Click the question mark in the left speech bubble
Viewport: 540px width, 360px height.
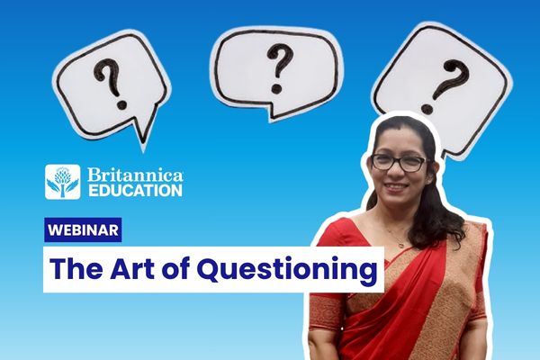(x=111, y=84)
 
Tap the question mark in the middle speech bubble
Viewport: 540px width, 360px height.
(x=279, y=68)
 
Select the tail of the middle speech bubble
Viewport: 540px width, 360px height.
(x=272, y=112)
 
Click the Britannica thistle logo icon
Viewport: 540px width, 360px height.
(x=63, y=182)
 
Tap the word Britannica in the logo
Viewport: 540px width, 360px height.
(x=135, y=175)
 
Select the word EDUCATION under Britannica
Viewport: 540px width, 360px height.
(x=135, y=191)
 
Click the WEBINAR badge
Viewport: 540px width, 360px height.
(x=83, y=229)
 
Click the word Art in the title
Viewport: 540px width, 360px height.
(x=132, y=269)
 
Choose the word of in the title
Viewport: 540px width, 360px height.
(x=175, y=269)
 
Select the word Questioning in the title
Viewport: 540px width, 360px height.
(x=287, y=271)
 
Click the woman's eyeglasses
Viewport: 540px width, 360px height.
(x=399, y=163)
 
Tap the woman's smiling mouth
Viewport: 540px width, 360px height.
(x=396, y=186)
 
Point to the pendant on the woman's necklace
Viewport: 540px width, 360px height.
(x=400, y=245)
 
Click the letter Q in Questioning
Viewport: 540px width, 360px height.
(x=210, y=269)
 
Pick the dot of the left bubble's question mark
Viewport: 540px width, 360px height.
(x=121, y=104)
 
